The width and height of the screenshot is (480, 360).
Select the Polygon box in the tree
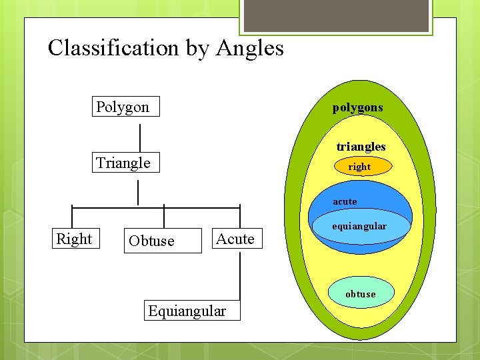pyautogui.click(x=125, y=107)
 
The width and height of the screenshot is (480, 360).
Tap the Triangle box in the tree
pyautogui.click(x=125, y=163)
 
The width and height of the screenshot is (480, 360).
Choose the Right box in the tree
pyautogui.click(x=74, y=239)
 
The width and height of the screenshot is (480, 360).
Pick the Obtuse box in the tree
pyautogui.click(x=163, y=241)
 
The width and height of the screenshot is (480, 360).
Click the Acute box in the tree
pyautogui.click(x=236, y=239)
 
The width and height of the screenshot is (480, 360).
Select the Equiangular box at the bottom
pyautogui.click(x=187, y=311)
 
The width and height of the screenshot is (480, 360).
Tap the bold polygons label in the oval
pyautogui.click(x=358, y=107)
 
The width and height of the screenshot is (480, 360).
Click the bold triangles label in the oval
pyautogui.click(x=361, y=147)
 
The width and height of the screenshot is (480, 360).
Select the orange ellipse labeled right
pyautogui.click(x=359, y=167)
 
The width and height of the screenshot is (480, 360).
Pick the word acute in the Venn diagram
pyautogui.click(x=345, y=201)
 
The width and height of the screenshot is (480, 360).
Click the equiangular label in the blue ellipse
pyautogui.click(x=359, y=227)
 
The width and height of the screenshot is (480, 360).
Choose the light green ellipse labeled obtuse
pyautogui.click(x=361, y=293)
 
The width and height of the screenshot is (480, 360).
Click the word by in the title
pyautogui.click(x=197, y=48)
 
